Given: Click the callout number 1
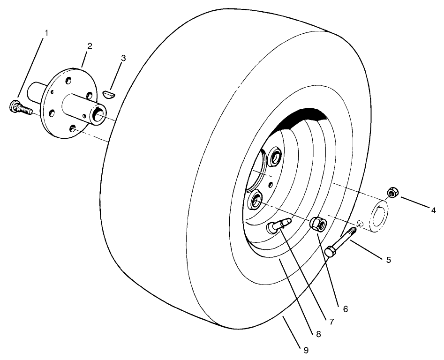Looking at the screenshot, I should pyautogui.click(x=46, y=34).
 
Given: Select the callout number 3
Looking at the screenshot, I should pyautogui.click(x=123, y=58).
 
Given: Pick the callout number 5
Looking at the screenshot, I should pyautogui.click(x=388, y=260).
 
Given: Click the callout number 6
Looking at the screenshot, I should pyautogui.click(x=346, y=309).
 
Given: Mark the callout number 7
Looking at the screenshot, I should pyautogui.click(x=331, y=322).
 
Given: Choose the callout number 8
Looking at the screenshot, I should pyautogui.click(x=318, y=334).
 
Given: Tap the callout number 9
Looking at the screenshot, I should pyautogui.click(x=306, y=349).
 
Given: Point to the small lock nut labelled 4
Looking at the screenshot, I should pyautogui.click(x=392, y=192).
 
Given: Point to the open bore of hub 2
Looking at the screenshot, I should pyautogui.click(x=99, y=114).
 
